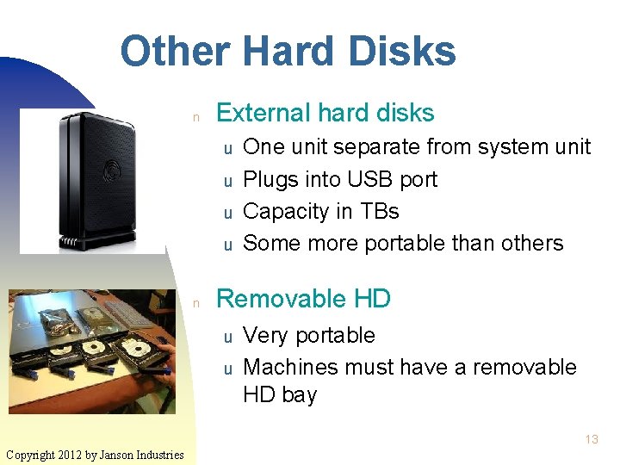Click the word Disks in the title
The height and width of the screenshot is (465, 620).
coord(404,51)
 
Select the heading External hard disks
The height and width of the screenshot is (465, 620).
coord(325,113)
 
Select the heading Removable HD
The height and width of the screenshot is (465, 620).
coord(303,299)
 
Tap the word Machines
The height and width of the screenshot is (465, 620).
coord(290,367)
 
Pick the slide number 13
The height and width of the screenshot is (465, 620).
coord(591,439)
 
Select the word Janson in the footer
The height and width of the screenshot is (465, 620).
coord(120,455)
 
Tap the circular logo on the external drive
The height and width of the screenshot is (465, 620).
coord(112,167)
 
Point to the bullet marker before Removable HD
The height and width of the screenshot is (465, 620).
coord(196,302)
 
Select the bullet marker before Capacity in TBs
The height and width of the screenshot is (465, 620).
coord(229,213)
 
